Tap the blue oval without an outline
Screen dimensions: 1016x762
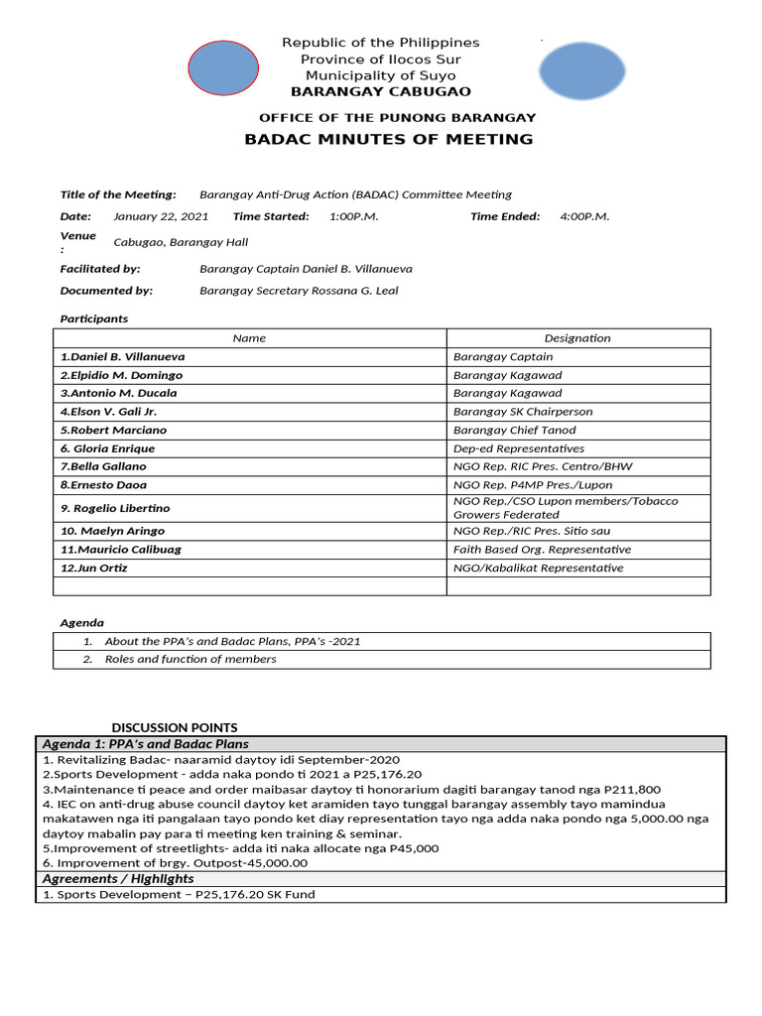point(582,71)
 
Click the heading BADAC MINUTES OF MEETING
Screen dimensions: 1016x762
point(388,139)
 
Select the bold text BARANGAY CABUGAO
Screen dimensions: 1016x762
point(380,92)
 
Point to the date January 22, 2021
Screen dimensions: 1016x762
point(161,216)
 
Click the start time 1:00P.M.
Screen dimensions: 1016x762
point(353,216)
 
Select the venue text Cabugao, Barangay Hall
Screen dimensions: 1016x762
point(181,242)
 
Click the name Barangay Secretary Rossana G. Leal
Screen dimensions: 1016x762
point(299,291)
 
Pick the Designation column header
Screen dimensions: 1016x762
point(577,338)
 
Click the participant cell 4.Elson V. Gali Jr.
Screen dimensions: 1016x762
point(108,412)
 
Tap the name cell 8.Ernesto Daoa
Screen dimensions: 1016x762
point(103,485)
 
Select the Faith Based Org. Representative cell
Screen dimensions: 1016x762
point(542,550)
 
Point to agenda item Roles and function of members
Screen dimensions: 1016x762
point(190,659)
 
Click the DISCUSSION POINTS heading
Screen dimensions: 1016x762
point(175,727)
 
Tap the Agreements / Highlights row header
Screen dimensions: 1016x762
point(118,879)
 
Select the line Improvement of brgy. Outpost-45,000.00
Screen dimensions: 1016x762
point(175,863)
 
